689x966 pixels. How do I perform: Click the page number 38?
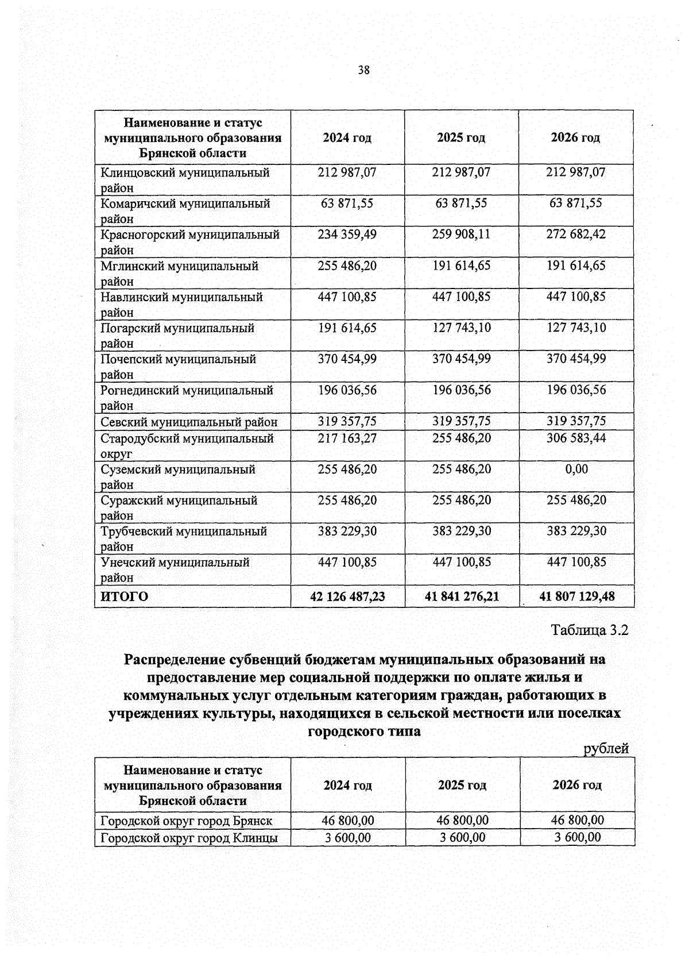coord(363,70)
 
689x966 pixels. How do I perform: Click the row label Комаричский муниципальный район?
coord(185,210)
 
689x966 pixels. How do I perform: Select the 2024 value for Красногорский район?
coord(347,234)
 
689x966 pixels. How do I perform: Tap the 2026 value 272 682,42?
coord(576,234)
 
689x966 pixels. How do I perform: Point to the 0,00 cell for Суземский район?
coord(576,469)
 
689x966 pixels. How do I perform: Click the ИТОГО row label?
coord(125,596)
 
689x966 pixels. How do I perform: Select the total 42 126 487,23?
coord(347,596)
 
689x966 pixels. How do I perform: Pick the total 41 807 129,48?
coord(576,596)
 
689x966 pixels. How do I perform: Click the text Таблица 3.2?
coord(590,630)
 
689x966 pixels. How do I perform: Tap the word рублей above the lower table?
coord(606,748)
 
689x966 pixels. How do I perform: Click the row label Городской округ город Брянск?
coord(187,820)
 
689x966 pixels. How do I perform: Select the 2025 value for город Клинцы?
coord(462,837)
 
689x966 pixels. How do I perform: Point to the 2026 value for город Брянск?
coord(577,820)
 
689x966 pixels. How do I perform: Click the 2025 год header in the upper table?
coord(461,137)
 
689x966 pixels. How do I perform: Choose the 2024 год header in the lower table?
coord(347,785)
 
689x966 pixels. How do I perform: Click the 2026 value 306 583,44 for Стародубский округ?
coord(576,438)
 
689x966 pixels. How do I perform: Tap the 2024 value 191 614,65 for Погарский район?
coord(347,328)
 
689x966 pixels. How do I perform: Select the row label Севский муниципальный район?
coord(189,422)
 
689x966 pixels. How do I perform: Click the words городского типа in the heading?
coord(364,732)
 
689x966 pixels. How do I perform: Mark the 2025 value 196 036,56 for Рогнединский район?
coord(462,390)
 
